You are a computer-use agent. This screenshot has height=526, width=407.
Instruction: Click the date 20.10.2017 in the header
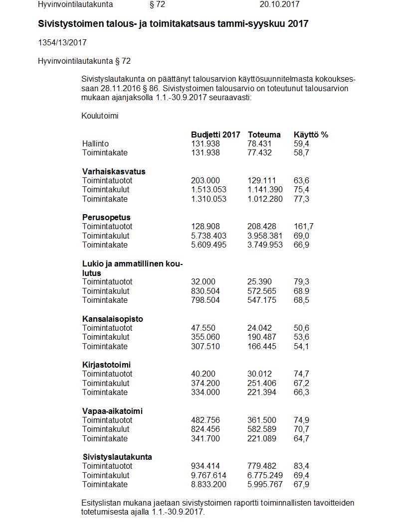279,4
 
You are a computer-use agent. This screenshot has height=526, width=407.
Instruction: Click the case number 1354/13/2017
62,43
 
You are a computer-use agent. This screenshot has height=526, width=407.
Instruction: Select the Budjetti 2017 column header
215,134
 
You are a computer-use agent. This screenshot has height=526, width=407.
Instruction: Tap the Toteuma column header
264,134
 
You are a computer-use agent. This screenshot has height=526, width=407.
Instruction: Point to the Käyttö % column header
311,134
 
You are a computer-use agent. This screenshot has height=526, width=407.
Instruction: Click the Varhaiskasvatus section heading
114,171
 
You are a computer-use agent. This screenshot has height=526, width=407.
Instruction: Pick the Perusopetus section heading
106,217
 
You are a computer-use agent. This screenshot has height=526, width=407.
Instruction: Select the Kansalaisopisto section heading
112,319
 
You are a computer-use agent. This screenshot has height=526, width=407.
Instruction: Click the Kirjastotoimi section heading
106,365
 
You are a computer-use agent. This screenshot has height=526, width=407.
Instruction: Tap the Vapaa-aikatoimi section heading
112,411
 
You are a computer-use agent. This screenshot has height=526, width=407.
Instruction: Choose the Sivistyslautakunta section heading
117,457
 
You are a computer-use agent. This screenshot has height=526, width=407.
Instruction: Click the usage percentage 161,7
304,227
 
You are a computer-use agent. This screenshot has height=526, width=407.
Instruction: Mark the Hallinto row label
95,143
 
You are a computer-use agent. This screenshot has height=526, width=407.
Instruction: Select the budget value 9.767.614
208,475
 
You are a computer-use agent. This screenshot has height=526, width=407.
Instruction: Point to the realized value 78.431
260,143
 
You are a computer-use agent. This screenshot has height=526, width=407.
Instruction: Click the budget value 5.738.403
208,236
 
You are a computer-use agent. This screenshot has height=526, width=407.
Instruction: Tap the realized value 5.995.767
265,484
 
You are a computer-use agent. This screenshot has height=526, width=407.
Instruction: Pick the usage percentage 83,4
301,466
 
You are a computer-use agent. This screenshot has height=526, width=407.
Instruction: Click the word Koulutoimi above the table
100,116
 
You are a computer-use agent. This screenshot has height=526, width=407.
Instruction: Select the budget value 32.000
202,281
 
